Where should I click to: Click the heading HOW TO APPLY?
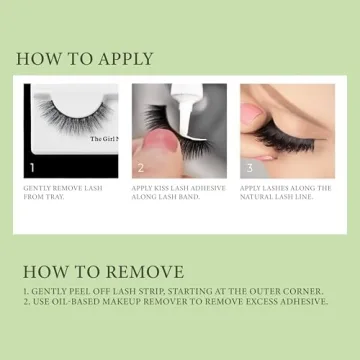86,58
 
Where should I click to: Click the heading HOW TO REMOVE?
103,271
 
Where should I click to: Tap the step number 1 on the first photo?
32,169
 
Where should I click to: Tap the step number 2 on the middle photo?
140,169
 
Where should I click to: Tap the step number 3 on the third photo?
248,169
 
